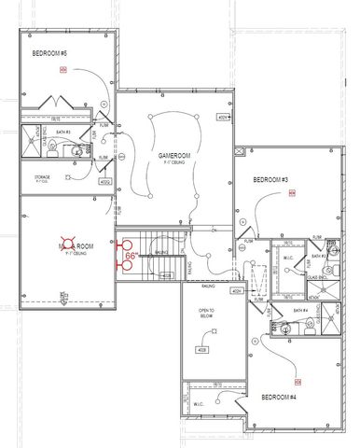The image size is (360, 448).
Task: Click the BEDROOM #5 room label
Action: coord(50,53)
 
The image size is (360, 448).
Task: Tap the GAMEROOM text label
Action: coord(173,156)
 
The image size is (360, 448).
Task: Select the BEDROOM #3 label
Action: coord(270,179)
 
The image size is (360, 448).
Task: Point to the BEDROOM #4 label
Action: coord(280,398)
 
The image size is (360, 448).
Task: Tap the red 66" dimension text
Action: coord(132,255)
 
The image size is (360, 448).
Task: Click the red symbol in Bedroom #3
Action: coord(292,195)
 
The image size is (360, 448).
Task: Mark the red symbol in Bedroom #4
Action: coord(298,382)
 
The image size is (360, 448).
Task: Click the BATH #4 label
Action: coord(299,310)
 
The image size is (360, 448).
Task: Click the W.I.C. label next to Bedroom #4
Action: coord(198,404)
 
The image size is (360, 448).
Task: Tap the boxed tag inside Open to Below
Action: coord(201,350)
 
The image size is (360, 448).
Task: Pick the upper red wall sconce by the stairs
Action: coord(119,247)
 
